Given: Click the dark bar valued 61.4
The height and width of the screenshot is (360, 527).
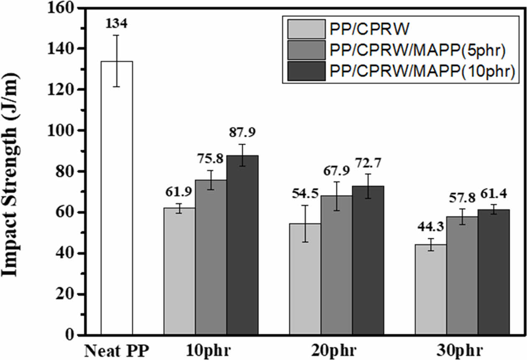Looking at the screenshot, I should (494, 272).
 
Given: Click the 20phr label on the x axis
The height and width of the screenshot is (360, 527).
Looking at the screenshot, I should (336, 350).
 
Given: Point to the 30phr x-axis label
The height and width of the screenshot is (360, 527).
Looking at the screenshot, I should (462, 350).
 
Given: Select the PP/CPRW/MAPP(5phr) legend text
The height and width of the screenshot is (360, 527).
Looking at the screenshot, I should (418, 50).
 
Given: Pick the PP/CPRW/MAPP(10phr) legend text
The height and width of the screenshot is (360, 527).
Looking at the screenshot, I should (422, 71).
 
